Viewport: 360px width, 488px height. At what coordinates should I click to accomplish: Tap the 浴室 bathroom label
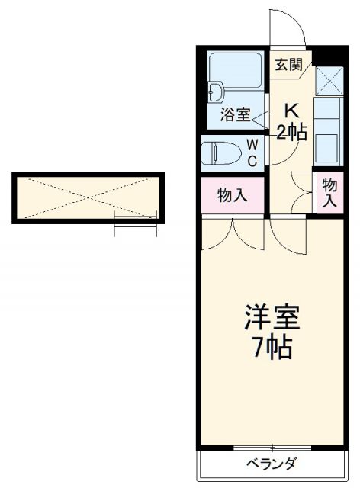(x=235, y=114)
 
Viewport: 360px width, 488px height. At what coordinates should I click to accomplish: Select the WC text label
(x=252, y=151)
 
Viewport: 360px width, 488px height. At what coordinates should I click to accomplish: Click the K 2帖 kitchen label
(x=291, y=121)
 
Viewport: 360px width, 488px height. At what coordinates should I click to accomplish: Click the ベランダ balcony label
(x=270, y=464)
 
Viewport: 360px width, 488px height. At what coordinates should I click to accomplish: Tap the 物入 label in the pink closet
(x=232, y=196)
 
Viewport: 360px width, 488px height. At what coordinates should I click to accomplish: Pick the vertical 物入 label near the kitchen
(x=329, y=193)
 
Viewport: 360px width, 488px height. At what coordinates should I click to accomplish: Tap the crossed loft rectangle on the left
(x=88, y=197)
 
